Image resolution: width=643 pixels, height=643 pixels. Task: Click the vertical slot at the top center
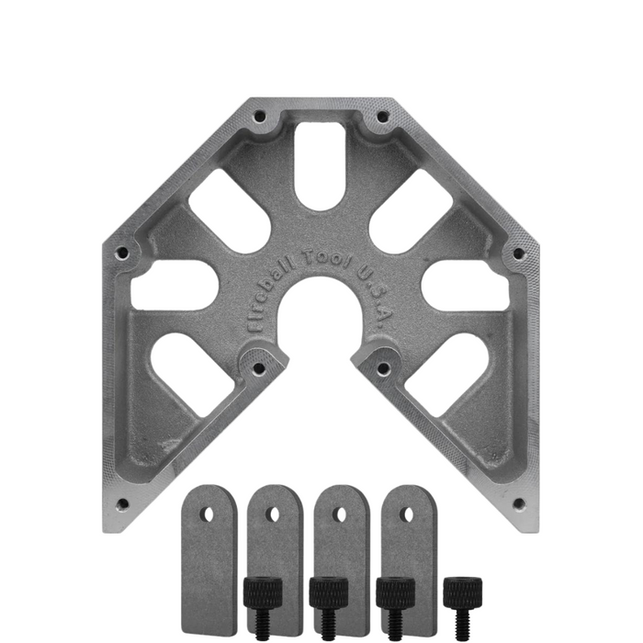coord(321,165)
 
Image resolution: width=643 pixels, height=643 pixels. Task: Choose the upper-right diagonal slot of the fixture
coord(412,210)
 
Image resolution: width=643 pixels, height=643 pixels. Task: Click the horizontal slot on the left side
coord(175,285)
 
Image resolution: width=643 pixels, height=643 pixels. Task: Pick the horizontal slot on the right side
coord(466,285)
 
